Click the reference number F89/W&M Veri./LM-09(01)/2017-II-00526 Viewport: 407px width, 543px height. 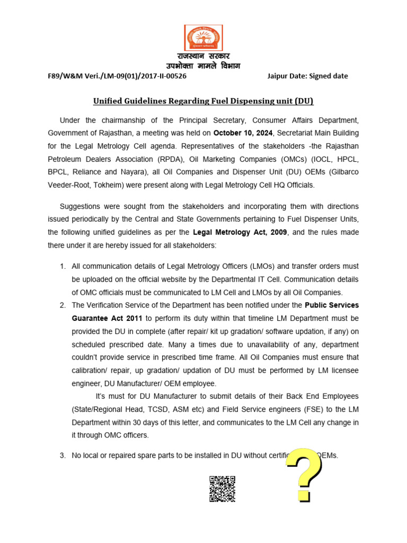click(x=117, y=76)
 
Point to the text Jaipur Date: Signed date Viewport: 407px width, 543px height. click(x=308, y=76)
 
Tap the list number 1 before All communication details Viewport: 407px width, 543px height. click(x=63, y=266)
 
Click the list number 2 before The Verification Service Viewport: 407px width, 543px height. click(x=63, y=305)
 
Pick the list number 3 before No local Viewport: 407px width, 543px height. click(x=63, y=455)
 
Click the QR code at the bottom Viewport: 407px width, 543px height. click(x=222, y=488)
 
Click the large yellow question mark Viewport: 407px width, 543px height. click(x=304, y=475)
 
